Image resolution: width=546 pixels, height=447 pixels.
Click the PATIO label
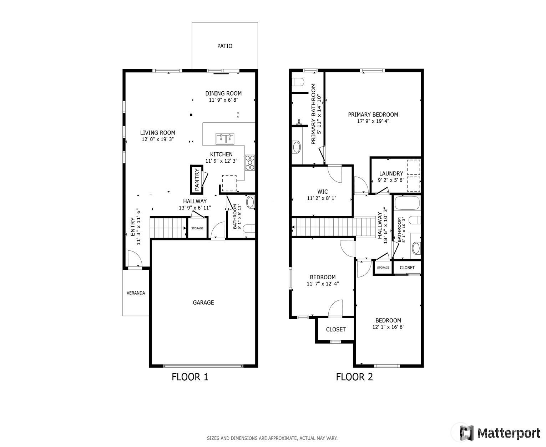tap(224, 46)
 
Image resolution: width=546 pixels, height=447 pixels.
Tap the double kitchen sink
tap(225, 139)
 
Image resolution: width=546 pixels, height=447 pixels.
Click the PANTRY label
tap(197, 180)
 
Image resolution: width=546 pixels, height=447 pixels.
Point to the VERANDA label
tap(136, 293)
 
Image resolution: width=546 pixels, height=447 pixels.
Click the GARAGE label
tap(203, 303)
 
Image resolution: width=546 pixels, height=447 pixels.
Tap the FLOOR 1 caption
tap(190, 377)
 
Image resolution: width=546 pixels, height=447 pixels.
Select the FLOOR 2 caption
tap(354, 377)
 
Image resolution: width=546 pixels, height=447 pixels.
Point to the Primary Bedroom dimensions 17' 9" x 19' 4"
tap(373, 121)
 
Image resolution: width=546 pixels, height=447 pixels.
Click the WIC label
tap(322, 192)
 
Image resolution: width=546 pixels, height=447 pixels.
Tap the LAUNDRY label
tap(391, 173)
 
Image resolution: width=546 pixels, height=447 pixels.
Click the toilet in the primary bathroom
tap(298, 82)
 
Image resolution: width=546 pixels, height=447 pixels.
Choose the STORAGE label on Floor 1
tap(197, 228)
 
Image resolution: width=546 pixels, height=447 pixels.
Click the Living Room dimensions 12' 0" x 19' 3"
tap(157, 139)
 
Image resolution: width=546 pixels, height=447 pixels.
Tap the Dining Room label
tap(223, 93)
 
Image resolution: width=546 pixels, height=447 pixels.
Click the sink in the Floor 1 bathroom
tap(251, 202)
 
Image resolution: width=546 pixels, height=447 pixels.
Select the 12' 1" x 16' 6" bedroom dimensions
tap(388, 327)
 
